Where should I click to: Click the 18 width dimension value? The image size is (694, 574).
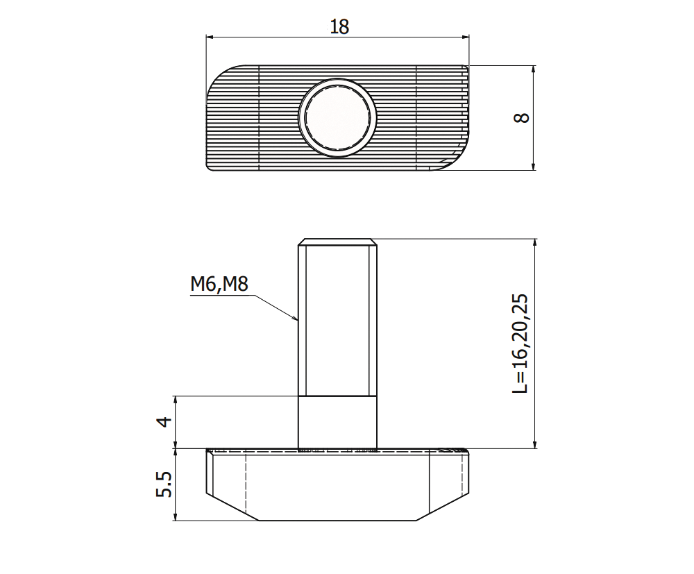point(339,26)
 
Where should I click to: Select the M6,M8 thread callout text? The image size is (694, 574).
point(219,284)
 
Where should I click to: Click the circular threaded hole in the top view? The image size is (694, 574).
point(337,116)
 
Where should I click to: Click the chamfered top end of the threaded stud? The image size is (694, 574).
point(337,242)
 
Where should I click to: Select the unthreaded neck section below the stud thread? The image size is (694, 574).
point(337,422)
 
